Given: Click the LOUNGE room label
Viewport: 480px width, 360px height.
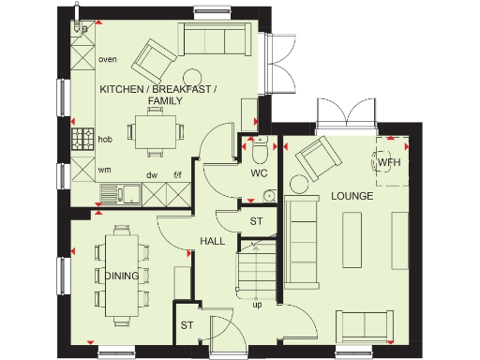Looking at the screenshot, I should (352, 197).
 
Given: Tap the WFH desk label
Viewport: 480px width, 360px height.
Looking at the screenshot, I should (389, 162).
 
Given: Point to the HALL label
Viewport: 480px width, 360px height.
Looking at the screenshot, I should (212, 241).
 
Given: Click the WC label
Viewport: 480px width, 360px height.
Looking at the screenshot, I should (260, 174).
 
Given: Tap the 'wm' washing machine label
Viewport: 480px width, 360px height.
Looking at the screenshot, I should (105, 171).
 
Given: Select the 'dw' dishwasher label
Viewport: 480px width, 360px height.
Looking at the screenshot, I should (151, 175).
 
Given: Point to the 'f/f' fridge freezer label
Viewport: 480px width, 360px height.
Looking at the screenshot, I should (176, 175).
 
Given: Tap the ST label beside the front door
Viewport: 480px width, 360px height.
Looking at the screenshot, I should (186, 325).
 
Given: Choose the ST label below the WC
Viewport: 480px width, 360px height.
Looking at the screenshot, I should (255, 221).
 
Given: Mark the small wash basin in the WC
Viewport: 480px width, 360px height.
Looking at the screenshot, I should (269, 196).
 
